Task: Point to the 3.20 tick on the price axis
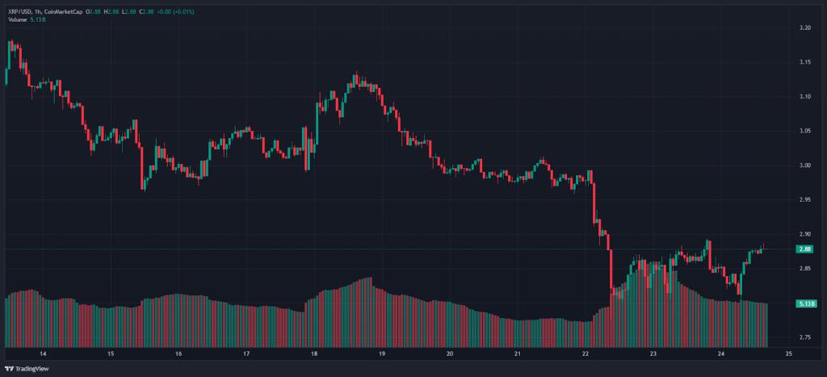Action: pyautogui.click(x=804, y=28)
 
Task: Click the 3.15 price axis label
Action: pyautogui.click(x=804, y=62)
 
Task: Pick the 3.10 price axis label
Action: pyautogui.click(x=804, y=97)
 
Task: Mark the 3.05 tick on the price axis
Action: pyautogui.click(x=804, y=131)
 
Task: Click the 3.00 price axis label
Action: pyautogui.click(x=804, y=165)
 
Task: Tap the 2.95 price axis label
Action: pyautogui.click(x=804, y=199)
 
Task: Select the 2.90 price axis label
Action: pyautogui.click(x=804, y=234)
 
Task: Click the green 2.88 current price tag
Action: pyautogui.click(x=804, y=249)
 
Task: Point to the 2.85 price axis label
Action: pyautogui.click(x=804, y=268)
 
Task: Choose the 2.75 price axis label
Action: pyautogui.click(x=804, y=337)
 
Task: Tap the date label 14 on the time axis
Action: pyautogui.click(x=43, y=354)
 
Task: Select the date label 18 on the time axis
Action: pyautogui.click(x=314, y=354)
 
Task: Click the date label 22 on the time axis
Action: pyautogui.click(x=586, y=354)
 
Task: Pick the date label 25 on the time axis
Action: pyautogui.click(x=788, y=354)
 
